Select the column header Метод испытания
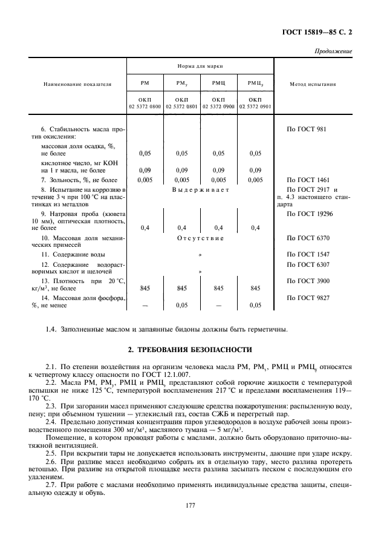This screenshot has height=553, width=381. (313, 85)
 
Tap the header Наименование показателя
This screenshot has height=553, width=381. (76, 85)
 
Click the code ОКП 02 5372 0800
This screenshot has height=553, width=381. (145, 103)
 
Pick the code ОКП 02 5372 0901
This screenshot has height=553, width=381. (255, 103)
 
